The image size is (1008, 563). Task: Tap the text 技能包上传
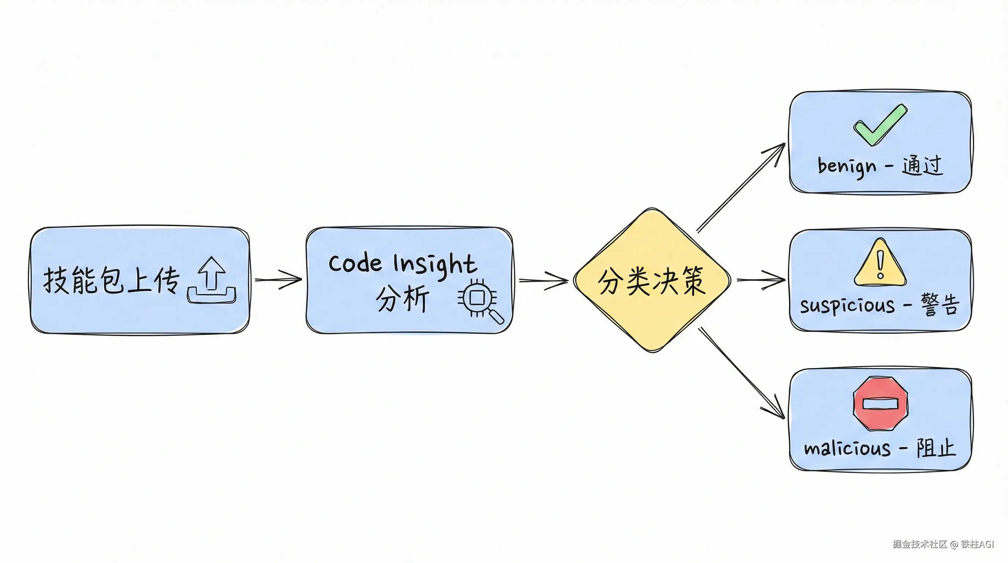tap(111, 280)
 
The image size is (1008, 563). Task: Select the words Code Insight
tap(402, 264)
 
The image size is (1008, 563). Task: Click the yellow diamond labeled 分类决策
tap(652, 280)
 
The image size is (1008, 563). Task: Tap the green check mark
tap(880, 125)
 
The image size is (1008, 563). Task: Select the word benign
tap(847, 166)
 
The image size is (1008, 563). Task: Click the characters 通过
tap(922, 165)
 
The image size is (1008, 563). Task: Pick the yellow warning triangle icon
tap(880, 263)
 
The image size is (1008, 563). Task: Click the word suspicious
tap(847, 306)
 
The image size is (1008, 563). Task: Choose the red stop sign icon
tap(881, 403)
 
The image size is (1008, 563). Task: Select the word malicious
tap(847, 448)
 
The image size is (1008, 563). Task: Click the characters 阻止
tap(936, 448)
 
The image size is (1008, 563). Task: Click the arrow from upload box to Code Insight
tap(278, 280)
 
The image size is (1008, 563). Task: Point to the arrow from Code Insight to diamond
tap(543, 280)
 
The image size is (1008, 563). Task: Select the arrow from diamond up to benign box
tap(741, 188)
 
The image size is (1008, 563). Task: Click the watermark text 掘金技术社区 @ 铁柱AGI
tap(943, 544)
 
